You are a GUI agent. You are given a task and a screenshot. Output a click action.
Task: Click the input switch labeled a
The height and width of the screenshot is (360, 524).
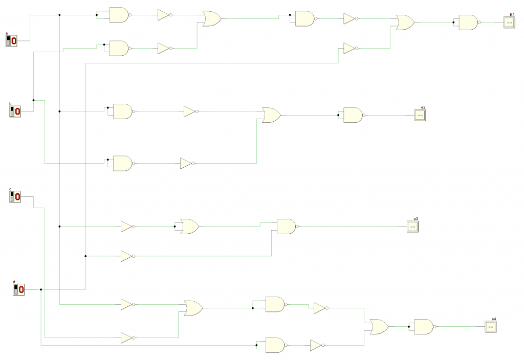pos(12,40)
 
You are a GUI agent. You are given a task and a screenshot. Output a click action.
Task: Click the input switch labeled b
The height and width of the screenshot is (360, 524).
pos(15,111)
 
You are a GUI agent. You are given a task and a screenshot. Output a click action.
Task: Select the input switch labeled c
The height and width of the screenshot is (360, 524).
pos(15,196)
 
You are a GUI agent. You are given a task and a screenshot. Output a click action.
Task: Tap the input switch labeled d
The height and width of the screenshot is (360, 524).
pos(19,290)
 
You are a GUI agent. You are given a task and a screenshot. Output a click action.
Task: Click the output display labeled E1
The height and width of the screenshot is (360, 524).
pos(509,22)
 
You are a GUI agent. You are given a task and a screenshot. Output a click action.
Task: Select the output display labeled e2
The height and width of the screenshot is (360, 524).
pos(420,115)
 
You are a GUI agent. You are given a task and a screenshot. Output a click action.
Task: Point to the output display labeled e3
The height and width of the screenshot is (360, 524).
pos(413,227)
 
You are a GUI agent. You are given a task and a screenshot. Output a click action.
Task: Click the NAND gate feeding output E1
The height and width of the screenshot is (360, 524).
pos(468,22)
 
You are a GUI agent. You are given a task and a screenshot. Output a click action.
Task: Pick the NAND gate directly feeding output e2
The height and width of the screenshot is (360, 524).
pos(353,115)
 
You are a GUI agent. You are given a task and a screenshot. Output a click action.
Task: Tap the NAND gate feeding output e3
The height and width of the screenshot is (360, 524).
pos(286,227)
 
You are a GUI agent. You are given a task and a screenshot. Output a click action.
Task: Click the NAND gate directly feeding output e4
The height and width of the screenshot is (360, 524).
pos(423,327)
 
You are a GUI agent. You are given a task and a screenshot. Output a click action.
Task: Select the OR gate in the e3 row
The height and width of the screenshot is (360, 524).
pos(189,227)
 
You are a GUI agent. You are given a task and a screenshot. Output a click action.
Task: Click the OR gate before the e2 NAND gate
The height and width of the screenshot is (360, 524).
pos(270,115)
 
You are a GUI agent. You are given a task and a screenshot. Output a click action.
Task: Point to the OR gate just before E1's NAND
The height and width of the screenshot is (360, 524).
pos(405,22)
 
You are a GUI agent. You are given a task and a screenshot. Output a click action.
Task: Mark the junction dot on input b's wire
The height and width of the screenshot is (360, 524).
pos(33,100)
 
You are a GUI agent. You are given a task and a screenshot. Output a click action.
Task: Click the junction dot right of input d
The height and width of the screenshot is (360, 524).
pos(40,290)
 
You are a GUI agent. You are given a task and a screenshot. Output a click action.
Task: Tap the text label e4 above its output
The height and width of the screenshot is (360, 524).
pos(494,319)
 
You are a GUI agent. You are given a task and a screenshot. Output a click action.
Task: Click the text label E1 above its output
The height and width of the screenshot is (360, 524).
pos(512,15)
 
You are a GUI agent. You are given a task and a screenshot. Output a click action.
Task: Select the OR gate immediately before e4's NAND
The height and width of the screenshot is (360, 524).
pos(379,327)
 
